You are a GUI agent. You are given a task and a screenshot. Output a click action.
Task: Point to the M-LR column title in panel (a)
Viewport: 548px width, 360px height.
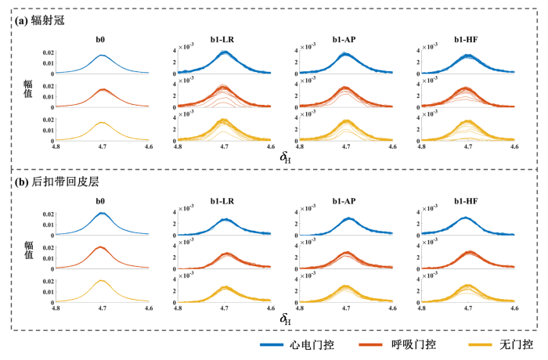(x=224, y=38)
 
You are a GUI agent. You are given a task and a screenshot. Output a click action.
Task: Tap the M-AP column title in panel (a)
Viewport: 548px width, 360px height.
(x=345, y=38)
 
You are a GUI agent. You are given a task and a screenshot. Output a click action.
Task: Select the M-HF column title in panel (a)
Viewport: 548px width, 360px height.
(x=467, y=38)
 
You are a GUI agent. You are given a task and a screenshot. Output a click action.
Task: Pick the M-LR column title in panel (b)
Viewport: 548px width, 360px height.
(x=224, y=201)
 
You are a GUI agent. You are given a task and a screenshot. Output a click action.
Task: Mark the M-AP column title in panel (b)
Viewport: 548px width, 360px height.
(x=345, y=201)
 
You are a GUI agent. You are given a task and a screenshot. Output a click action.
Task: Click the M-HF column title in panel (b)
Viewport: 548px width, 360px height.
(x=467, y=201)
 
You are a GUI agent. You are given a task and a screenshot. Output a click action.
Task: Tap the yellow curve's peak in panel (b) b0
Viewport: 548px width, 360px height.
(x=102, y=280)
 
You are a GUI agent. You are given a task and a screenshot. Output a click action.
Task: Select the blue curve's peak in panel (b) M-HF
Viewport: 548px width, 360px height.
(x=467, y=218)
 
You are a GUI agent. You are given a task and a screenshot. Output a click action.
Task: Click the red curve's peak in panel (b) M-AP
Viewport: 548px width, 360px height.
(x=346, y=252)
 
